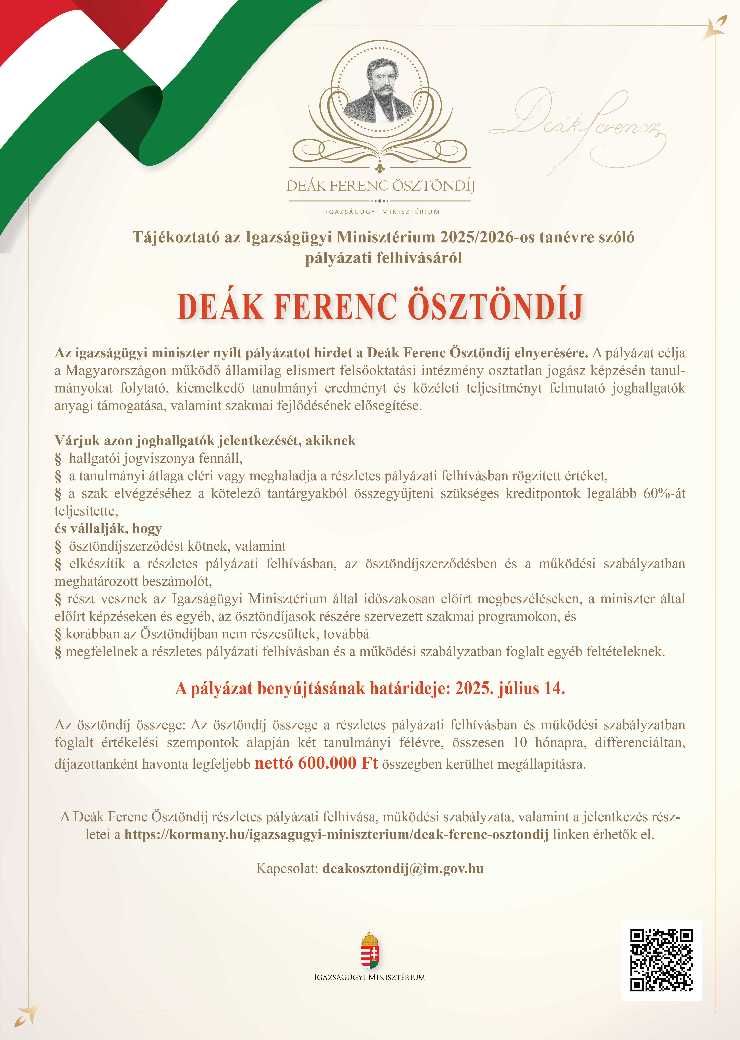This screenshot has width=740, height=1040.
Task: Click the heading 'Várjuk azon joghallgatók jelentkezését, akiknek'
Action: tap(205, 440)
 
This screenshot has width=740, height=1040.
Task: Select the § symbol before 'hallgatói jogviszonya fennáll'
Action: tap(58, 458)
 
